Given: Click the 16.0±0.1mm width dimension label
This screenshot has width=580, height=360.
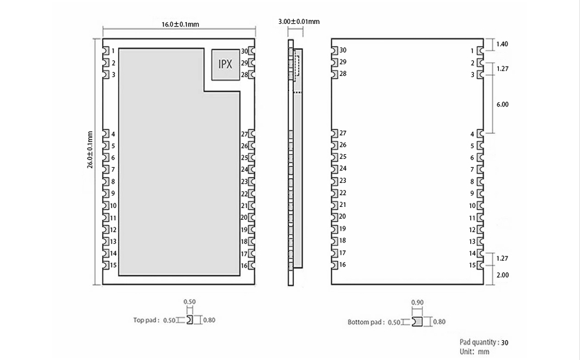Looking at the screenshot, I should click(x=180, y=25).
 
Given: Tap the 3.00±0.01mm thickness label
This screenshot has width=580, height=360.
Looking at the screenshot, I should click(x=298, y=22).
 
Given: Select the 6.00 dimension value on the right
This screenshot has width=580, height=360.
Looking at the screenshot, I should click(x=502, y=105).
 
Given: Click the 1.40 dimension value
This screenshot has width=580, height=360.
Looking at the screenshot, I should click(x=502, y=44).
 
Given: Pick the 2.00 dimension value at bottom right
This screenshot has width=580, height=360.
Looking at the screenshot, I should click(x=502, y=275).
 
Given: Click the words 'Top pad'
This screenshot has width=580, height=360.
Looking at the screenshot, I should click(x=145, y=320).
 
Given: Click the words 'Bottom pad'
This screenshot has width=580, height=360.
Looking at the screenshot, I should click(x=366, y=322).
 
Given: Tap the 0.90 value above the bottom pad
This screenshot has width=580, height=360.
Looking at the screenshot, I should click(x=417, y=302).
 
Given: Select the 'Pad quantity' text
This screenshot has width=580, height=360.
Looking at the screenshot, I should click(x=479, y=342).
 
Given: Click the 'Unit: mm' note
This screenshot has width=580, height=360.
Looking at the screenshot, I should click(x=474, y=352).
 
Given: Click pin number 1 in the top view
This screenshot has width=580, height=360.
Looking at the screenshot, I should click(x=113, y=51).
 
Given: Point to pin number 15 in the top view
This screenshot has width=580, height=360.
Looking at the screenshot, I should click(x=113, y=265).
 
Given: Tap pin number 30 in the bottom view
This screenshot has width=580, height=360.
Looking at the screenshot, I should click(x=343, y=50).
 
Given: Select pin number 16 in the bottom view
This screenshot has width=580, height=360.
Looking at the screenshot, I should click(x=343, y=265).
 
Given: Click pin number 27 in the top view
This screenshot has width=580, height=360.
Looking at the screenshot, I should click(x=245, y=134).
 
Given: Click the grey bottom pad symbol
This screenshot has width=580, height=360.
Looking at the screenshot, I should click(x=417, y=321).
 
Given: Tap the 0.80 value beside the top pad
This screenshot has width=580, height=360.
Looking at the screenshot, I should click(x=209, y=320).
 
